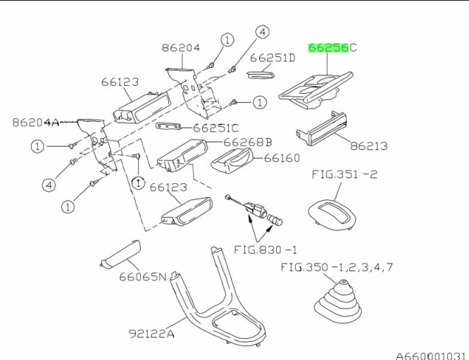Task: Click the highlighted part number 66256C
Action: click(332, 48)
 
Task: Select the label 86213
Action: click(369, 147)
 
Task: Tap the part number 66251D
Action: click(273, 57)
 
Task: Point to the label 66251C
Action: click(215, 128)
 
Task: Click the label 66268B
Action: click(247, 142)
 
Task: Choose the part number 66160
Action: click(282, 158)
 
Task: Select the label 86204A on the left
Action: click(36, 122)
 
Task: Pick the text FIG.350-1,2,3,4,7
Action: click(337, 267)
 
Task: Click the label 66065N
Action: click(143, 276)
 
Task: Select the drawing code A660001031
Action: click(430, 355)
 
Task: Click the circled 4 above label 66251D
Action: click(262, 32)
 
